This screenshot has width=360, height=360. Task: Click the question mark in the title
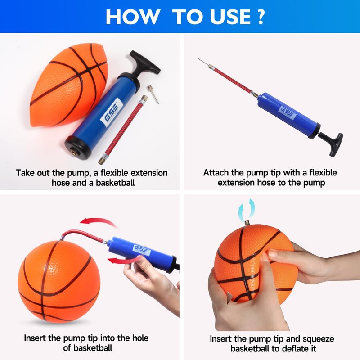tap(261, 17)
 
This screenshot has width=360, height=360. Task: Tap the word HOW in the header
tap(133, 17)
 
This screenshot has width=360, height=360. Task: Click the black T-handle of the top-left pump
tap(144, 63)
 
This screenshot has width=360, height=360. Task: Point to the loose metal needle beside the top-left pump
tap(153, 94)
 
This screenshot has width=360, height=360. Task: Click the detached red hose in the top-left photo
tap(123, 130)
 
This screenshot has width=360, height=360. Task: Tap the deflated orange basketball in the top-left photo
tap(69, 85)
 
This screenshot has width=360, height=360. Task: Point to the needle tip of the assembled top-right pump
tap(198, 59)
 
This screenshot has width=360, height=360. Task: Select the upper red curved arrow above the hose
tap(99, 222)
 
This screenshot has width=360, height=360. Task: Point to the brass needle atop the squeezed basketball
tap(247, 223)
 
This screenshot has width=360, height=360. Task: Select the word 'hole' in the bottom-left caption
tap(140, 338)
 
